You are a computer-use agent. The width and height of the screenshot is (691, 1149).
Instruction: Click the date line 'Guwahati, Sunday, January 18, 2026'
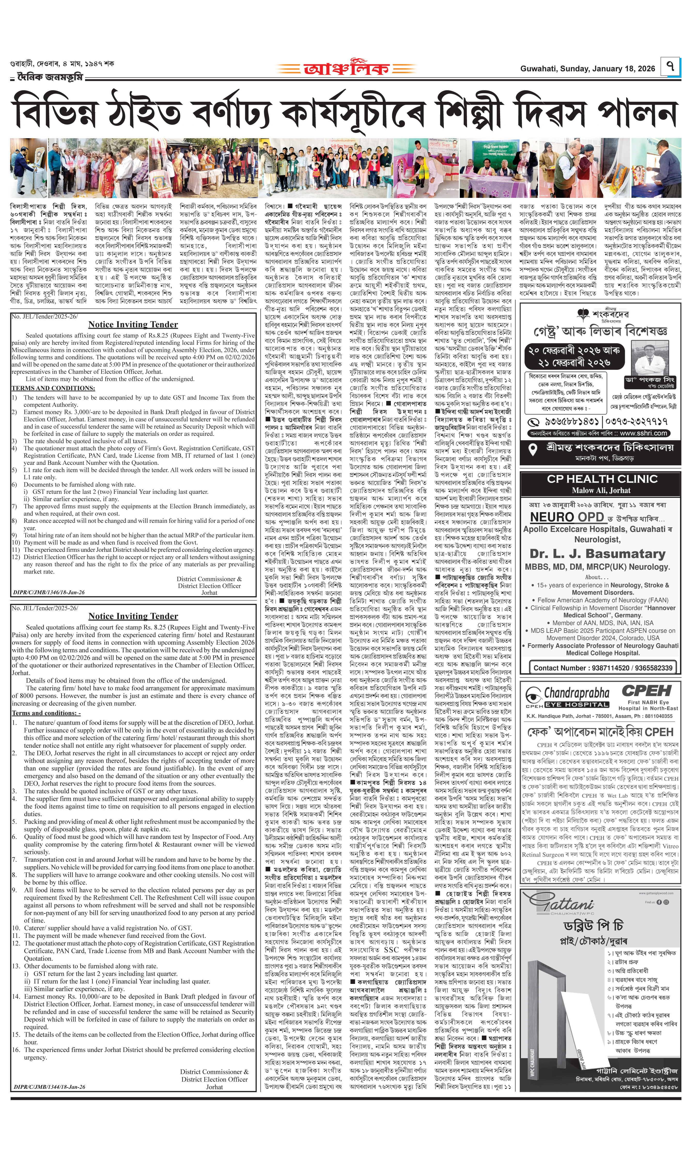pos(588,69)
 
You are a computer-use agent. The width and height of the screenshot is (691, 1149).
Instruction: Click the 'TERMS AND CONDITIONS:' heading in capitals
pos(53,388)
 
